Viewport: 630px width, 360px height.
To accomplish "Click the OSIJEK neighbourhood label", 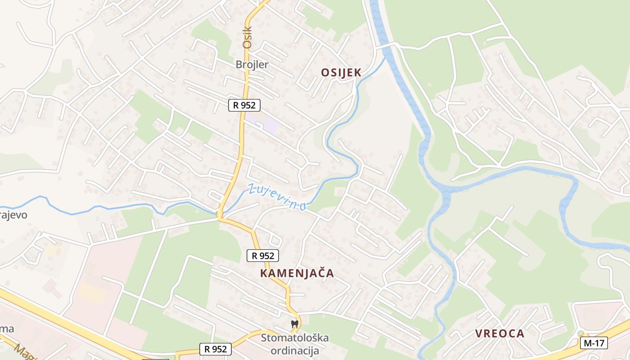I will click(x=341, y=72).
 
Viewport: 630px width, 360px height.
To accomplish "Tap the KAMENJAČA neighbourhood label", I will click(x=297, y=273).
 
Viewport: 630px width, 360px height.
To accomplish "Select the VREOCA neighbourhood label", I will click(x=500, y=333).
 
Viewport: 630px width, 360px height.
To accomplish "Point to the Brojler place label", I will click(x=252, y=64).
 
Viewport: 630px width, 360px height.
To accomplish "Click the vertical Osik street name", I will click(x=247, y=38).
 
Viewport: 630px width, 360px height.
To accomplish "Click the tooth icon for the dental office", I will click(x=295, y=324).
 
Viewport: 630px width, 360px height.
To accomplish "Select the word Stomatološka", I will click(x=295, y=337).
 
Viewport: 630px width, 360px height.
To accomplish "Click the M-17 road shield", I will click(x=594, y=343).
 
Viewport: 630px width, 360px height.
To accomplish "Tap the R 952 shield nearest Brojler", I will click(x=244, y=105).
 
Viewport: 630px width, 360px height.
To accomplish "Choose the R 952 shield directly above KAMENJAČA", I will click(x=263, y=256).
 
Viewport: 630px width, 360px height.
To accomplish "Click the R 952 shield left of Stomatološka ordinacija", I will click(x=216, y=349).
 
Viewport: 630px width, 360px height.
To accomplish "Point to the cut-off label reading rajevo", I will click(x=13, y=215).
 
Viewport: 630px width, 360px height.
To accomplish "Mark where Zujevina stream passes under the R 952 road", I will click(x=220, y=212).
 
